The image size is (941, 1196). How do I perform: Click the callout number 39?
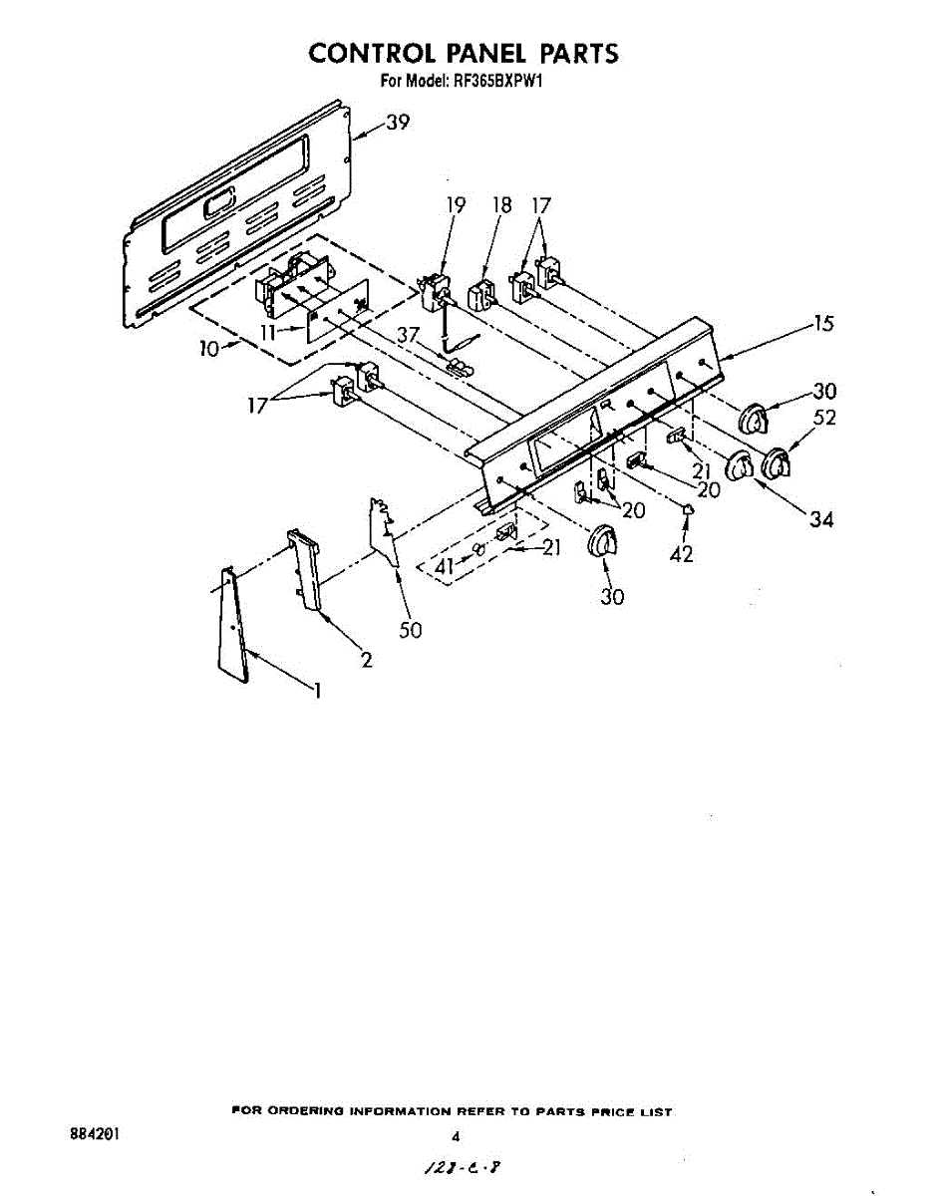point(398,123)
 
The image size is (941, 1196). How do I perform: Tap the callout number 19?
point(456,205)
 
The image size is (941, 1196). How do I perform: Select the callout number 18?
point(502,205)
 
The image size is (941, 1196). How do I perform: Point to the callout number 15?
point(823,324)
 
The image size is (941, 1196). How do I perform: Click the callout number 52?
point(823,419)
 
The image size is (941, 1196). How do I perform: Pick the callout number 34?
point(821,519)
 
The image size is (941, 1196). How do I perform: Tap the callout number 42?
point(681,555)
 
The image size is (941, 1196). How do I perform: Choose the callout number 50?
point(410,630)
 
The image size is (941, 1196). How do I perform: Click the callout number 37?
point(408,335)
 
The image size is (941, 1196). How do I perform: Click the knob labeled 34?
point(740,465)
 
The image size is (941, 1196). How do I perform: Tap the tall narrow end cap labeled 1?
point(231,628)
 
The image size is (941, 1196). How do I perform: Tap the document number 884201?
point(95,1135)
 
